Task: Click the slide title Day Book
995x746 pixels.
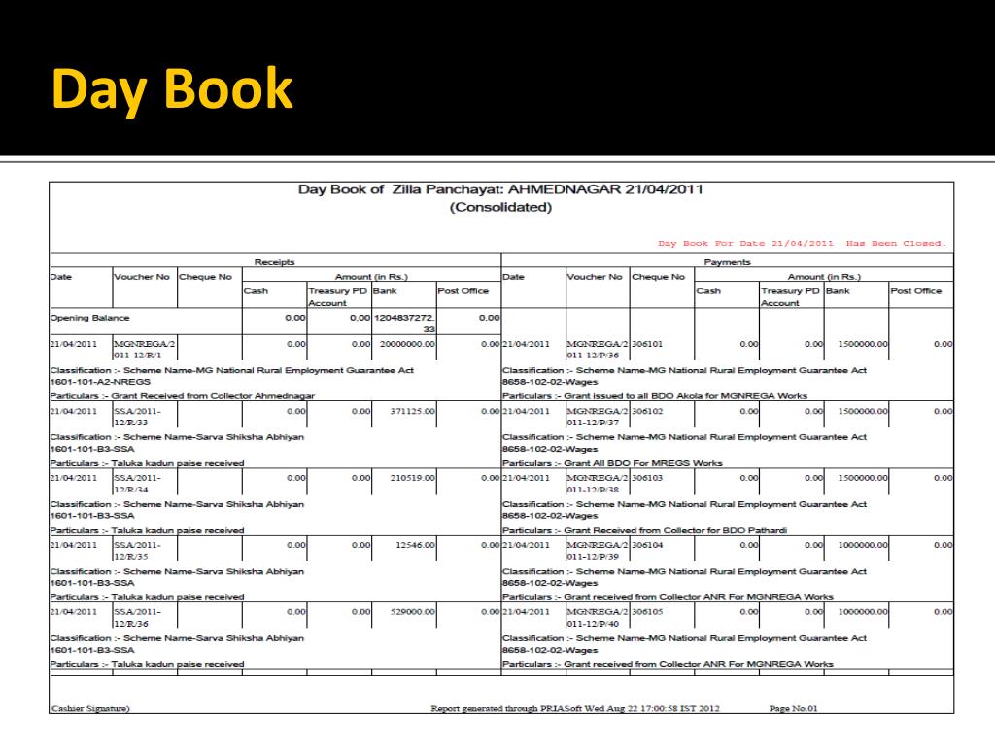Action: (x=171, y=89)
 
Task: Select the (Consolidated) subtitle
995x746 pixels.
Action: (x=500, y=207)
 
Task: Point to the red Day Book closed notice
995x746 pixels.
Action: (x=802, y=243)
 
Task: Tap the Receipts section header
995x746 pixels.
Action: (x=274, y=262)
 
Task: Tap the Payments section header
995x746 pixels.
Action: (x=727, y=262)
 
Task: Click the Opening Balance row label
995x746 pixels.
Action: (x=89, y=318)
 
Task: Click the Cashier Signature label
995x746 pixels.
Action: (x=89, y=708)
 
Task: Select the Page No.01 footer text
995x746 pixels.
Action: (x=793, y=708)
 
